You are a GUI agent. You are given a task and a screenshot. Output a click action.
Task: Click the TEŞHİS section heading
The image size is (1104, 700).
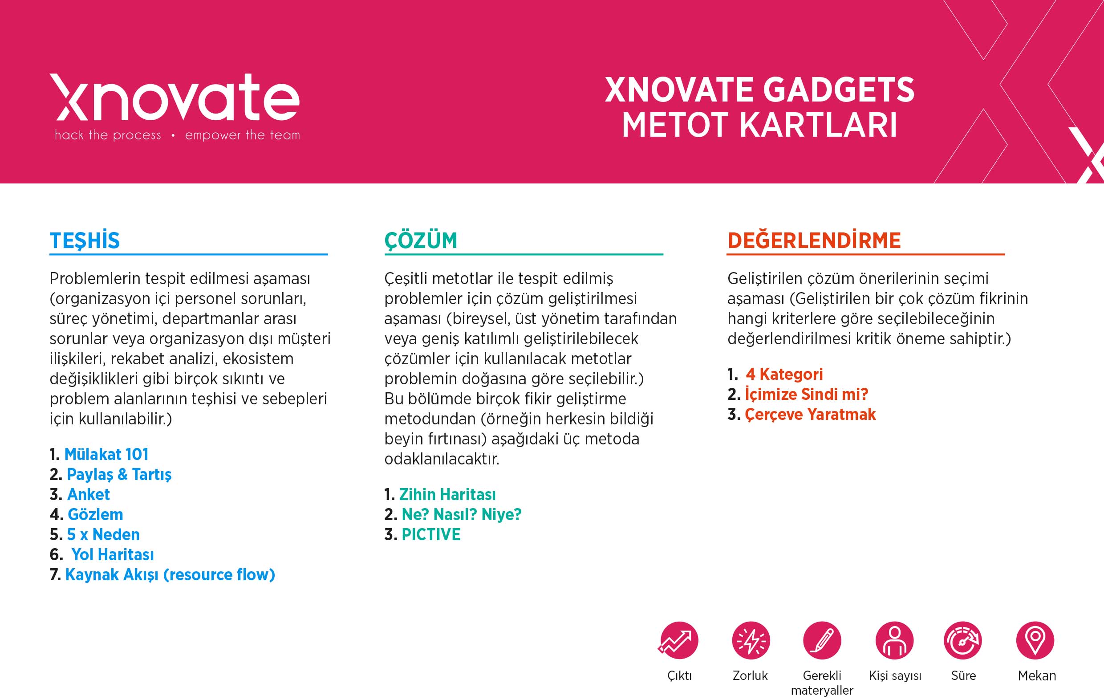click(85, 240)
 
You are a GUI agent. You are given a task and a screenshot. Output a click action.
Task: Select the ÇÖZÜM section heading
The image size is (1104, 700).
click(421, 240)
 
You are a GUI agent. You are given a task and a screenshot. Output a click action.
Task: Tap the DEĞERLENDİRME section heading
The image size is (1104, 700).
click(814, 240)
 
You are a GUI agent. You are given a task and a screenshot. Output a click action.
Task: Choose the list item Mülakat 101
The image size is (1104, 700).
click(106, 454)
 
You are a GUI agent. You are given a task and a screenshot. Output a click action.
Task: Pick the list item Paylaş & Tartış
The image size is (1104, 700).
click(119, 474)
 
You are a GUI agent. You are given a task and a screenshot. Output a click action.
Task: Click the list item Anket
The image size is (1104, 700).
click(89, 494)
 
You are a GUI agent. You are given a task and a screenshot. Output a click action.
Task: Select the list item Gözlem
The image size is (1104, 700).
click(95, 515)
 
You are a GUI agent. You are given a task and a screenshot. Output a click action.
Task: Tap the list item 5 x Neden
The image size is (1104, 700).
click(103, 534)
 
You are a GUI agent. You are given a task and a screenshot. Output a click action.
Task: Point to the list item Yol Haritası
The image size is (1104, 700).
click(113, 554)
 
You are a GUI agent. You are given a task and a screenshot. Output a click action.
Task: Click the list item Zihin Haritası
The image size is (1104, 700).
click(447, 494)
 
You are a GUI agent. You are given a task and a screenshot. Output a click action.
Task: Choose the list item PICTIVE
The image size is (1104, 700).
click(431, 534)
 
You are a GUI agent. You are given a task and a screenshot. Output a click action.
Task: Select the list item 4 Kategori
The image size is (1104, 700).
click(784, 374)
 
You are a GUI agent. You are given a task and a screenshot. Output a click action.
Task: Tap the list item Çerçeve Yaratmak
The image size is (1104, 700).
click(811, 414)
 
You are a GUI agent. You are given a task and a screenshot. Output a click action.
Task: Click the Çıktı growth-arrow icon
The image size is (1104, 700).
click(678, 640)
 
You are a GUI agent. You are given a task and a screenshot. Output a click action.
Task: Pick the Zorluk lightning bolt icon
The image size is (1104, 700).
click(751, 640)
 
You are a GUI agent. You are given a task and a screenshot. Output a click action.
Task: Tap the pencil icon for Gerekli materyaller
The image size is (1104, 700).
click(822, 640)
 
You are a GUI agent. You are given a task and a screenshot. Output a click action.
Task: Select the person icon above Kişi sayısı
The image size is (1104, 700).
click(894, 640)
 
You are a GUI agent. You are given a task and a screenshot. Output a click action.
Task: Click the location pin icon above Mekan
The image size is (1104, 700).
click(1035, 640)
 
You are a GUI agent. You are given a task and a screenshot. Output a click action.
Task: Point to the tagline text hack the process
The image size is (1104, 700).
click(108, 135)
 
